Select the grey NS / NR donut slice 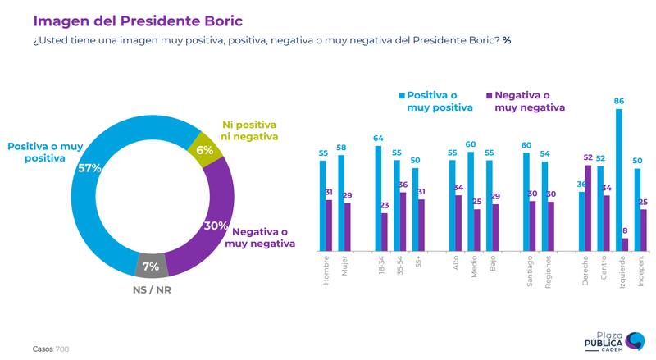point(151,265)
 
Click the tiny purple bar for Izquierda point(625,244)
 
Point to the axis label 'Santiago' point(528,271)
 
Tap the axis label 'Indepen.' point(640,271)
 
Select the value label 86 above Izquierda point(618,101)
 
